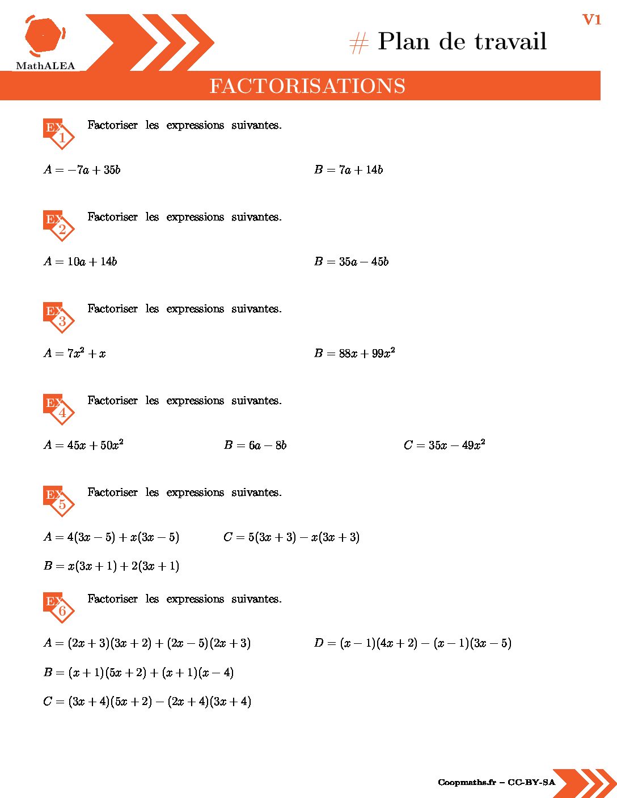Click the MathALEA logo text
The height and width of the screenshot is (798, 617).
coord(45,66)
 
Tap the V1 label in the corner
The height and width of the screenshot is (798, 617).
coord(591,20)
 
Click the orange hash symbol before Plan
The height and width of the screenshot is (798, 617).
coord(358,43)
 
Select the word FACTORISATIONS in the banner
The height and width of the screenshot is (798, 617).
coord(307,86)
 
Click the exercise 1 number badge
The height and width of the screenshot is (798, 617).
coord(60,134)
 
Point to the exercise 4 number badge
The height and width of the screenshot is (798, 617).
coord(60,409)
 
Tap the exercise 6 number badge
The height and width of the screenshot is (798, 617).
coord(60,608)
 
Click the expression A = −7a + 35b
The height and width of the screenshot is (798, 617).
coord(82,169)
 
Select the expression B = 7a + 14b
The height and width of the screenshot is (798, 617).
coord(348,169)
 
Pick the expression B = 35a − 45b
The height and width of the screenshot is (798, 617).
coord(351,261)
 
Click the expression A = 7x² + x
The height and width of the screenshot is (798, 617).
coord(75,353)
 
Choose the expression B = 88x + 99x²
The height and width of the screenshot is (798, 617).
coord(354,353)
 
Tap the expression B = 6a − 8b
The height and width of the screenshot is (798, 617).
coord(255,445)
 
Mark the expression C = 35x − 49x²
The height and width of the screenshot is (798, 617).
coord(444,445)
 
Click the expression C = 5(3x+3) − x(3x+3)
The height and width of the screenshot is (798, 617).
coord(291,537)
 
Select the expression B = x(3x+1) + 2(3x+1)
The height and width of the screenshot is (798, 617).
coord(112,566)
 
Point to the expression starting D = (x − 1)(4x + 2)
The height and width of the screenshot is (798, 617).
coord(412,643)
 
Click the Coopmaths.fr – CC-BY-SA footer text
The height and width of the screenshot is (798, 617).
coord(496,782)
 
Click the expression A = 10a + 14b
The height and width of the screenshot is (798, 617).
coord(81,261)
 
